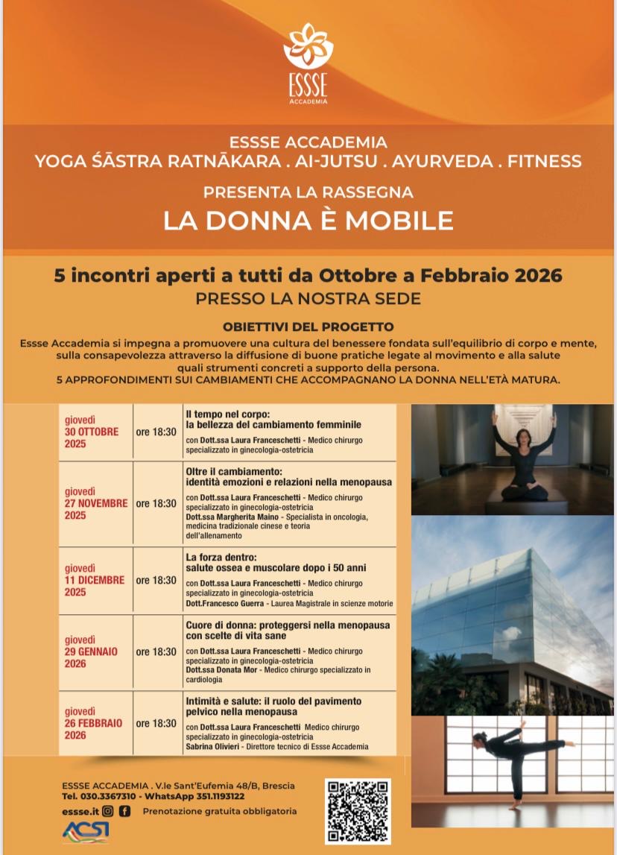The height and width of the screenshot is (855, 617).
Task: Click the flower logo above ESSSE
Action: coord(308,47)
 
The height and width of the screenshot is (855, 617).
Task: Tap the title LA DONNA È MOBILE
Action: coord(308,221)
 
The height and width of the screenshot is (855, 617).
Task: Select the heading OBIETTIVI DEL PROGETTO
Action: coord(308,327)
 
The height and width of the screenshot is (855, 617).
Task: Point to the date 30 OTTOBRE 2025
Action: coord(92,432)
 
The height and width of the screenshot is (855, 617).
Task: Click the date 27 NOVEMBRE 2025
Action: coord(96,503)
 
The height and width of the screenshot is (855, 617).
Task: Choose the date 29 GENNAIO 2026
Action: coord(92,651)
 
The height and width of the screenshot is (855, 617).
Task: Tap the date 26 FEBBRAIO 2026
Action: coord(94,723)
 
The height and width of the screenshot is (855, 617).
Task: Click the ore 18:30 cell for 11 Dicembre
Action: coord(156,581)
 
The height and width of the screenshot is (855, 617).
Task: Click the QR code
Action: coord(358,811)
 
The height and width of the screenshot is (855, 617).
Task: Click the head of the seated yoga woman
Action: coord(525,438)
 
